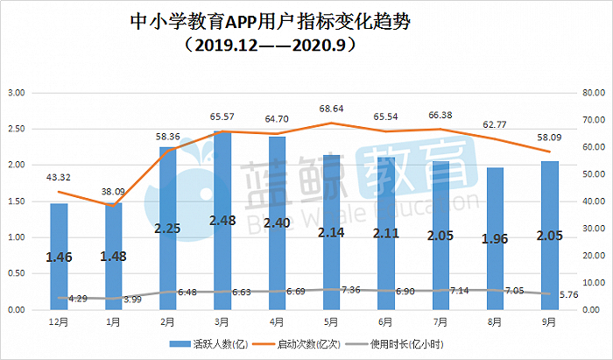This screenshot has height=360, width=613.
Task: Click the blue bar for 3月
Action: (222, 221)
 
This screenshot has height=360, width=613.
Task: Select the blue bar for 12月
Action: (59, 257)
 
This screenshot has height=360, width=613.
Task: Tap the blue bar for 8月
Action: (495, 239)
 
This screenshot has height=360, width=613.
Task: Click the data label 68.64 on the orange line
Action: (331, 109)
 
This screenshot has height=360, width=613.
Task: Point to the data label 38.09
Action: (113, 192)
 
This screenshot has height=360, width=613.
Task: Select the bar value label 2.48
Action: (222, 221)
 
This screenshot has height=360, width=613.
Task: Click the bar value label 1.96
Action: (495, 238)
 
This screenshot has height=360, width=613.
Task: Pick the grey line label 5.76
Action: (568, 294)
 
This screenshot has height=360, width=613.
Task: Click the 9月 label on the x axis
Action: (549, 322)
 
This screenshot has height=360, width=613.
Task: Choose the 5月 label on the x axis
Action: (331, 322)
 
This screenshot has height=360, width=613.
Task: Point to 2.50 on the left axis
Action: (17, 129)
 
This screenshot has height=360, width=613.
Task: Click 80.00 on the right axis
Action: (594, 93)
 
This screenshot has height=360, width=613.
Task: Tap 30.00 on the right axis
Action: (594, 229)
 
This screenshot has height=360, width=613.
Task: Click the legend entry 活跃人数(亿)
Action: (208, 344)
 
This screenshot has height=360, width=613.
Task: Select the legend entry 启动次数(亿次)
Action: (297, 344)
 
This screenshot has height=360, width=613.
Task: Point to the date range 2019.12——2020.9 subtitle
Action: (271, 46)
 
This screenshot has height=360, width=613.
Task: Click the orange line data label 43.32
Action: (59, 177)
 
